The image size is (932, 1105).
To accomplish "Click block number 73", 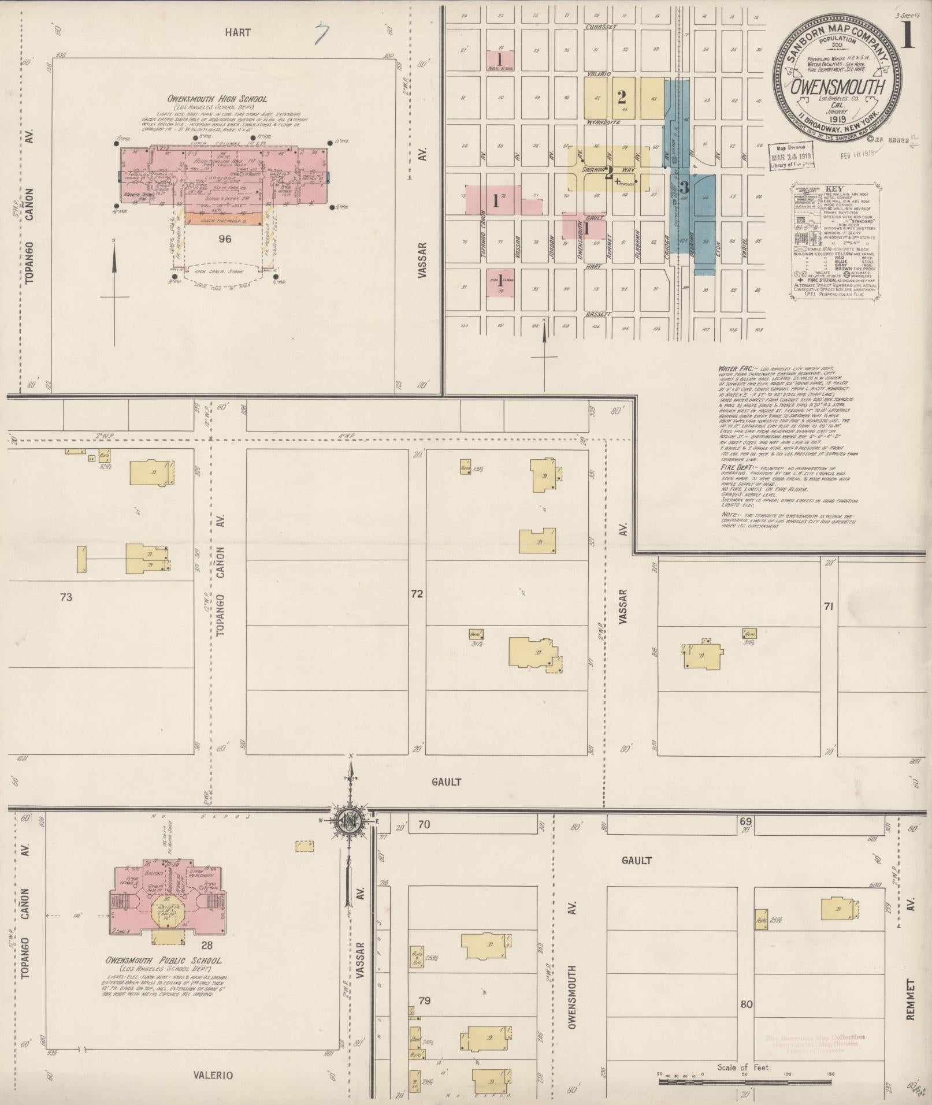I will click(x=66, y=597).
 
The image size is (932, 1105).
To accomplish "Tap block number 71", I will click(x=828, y=606).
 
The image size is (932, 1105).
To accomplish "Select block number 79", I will click(x=424, y=1000).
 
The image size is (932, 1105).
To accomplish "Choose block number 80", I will click(x=746, y=1004).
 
